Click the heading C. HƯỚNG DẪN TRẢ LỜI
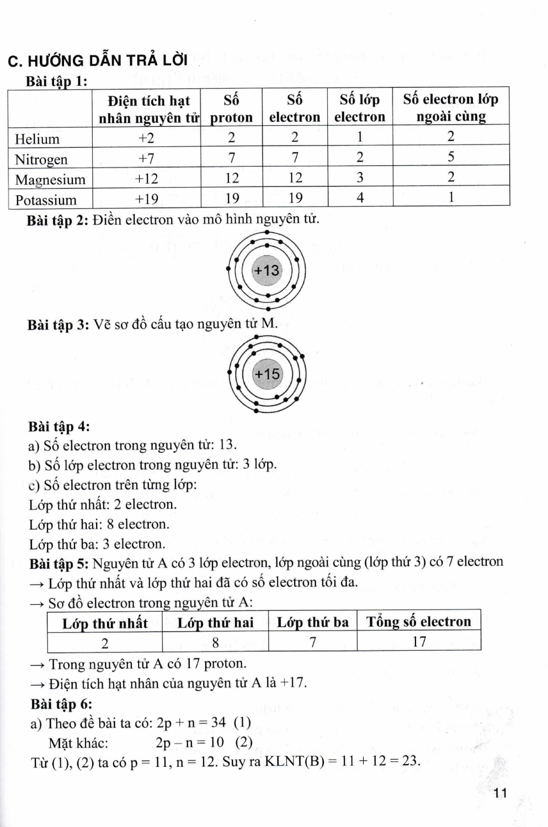coord(98,60)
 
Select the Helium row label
coord(37,138)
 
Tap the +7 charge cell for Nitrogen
coord(146,159)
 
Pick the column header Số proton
coord(231,109)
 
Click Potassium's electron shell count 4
coord(360,197)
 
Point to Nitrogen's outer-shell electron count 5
coord(451,157)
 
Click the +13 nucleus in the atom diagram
coord(267,271)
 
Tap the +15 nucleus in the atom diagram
coord(267,374)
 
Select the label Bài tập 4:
coord(59,427)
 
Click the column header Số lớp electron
coord(360,108)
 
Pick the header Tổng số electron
coord(419,622)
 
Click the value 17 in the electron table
coord(419,642)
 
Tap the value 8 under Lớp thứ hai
coord(215,643)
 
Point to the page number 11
coord(501,793)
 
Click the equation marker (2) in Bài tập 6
coord(244,743)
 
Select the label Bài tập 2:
coord(57,221)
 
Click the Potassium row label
coord(46,200)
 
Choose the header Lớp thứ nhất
coord(105,624)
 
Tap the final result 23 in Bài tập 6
coord(410,761)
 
